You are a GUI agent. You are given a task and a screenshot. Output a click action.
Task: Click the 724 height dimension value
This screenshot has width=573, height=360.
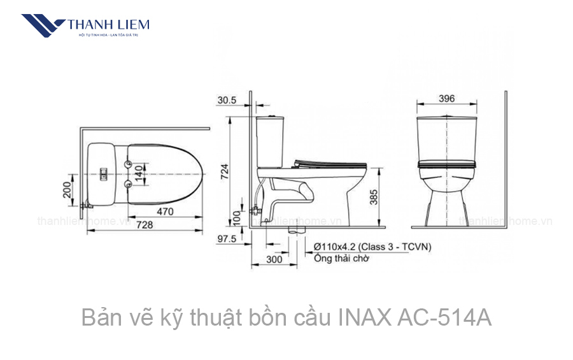(225, 171)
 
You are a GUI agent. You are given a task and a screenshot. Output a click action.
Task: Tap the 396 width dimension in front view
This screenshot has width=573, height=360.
(446, 99)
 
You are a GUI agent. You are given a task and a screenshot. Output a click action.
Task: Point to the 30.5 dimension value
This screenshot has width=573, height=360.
(227, 101)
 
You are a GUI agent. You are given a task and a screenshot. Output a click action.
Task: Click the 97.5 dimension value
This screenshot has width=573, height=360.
(227, 238)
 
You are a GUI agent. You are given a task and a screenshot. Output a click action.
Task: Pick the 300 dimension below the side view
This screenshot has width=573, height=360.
(274, 259)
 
